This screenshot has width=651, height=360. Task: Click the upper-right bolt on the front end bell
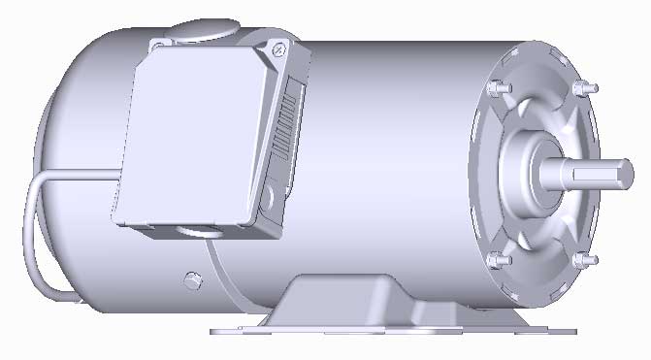(x=580, y=89)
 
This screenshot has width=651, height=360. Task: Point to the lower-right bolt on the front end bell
(x=580, y=261)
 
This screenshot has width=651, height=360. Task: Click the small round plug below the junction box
(x=191, y=281)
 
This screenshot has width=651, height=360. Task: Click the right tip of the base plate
(x=572, y=330)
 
